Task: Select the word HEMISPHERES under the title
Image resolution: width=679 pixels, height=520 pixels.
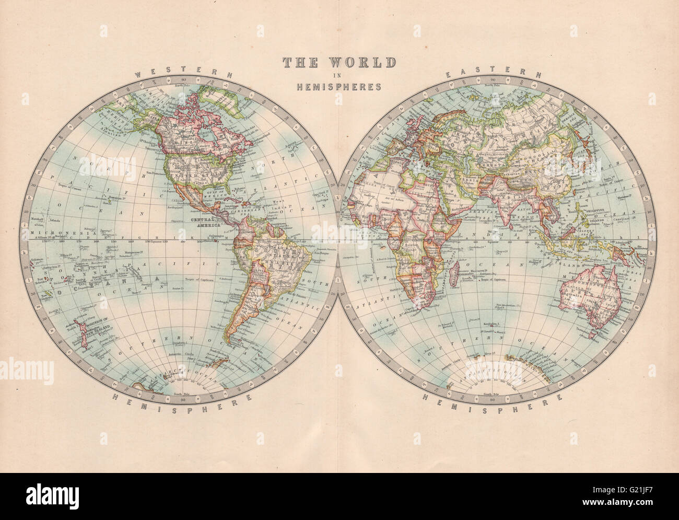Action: pos(339,87)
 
